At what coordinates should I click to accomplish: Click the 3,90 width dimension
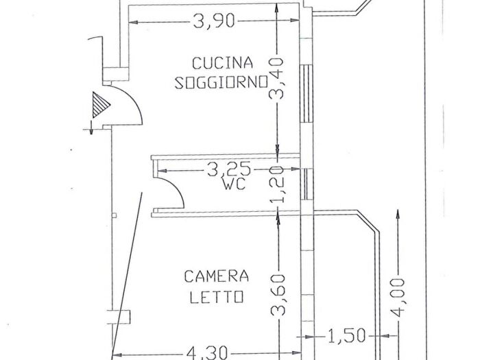click(x=214, y=22)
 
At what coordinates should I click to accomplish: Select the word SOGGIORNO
click(x=221, y=83)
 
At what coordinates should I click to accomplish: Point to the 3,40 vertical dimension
click(x=277, y=81)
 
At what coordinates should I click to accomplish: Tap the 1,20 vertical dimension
click(x=277, y=185)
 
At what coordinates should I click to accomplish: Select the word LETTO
click(x=216, y=297)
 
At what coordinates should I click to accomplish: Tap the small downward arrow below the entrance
click(x=89, y=125)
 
